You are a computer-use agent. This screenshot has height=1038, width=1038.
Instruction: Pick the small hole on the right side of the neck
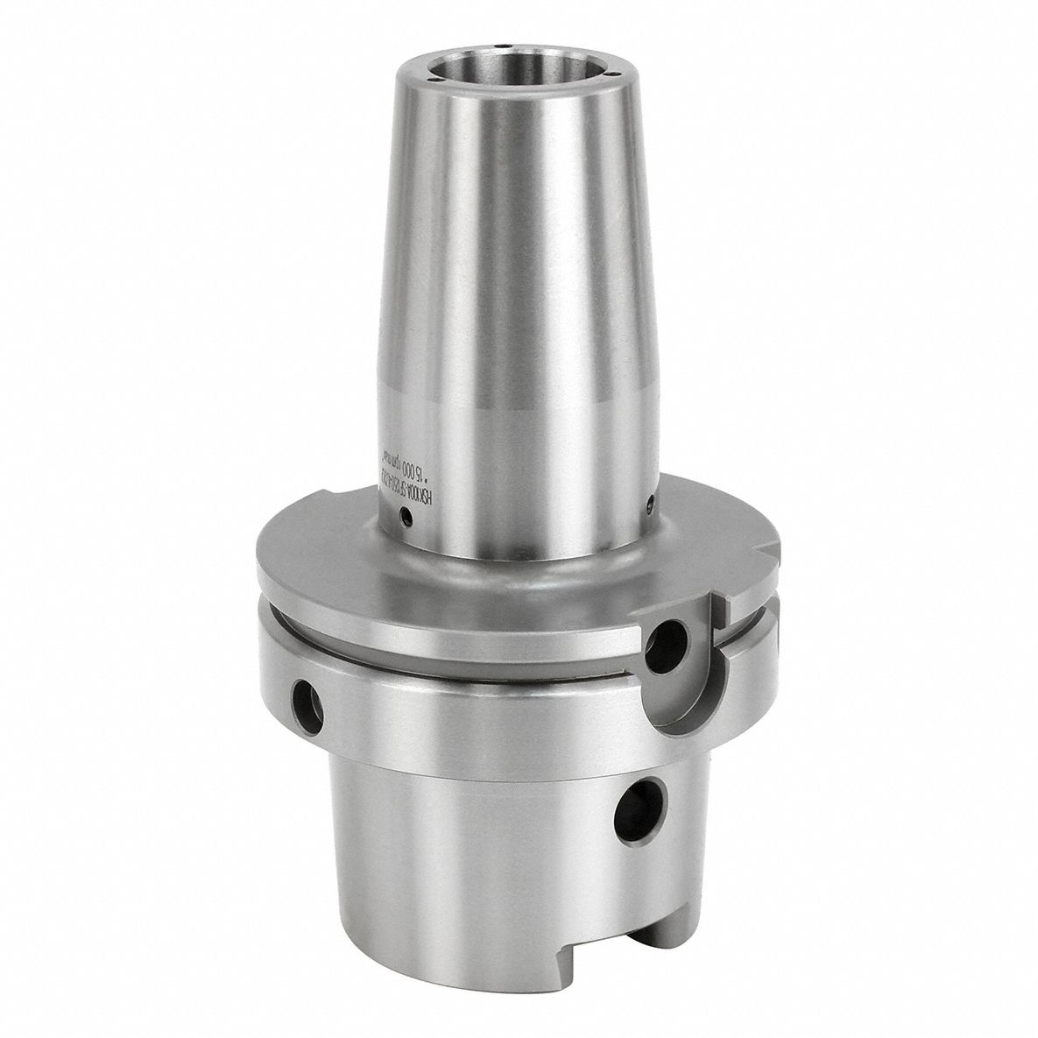tap(649, 502)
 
